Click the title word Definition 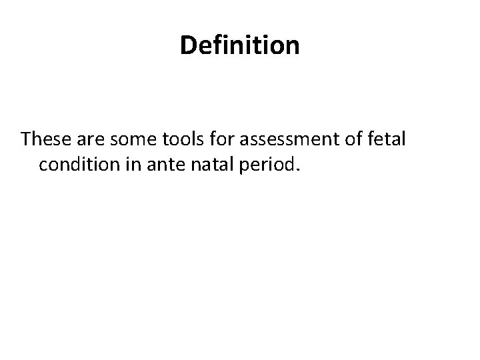click(240, 46)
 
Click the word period click(271, 165)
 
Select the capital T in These click(25, 140)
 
